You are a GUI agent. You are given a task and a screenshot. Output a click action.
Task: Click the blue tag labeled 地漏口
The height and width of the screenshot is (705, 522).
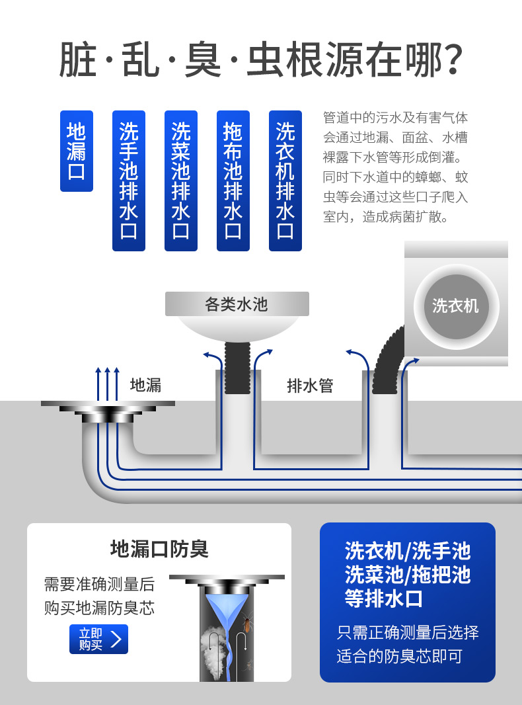tap(77, 151)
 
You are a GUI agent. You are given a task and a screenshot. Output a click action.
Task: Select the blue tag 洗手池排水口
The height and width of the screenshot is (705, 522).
tap(128, 181)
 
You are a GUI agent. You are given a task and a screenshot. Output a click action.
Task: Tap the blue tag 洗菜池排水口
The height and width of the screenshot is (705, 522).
tap(180, 181)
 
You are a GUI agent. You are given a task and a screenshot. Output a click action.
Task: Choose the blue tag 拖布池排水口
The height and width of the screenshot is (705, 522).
tap(233, 181)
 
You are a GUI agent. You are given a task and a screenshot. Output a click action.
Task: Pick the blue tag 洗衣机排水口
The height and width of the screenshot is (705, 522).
tap(285, 181)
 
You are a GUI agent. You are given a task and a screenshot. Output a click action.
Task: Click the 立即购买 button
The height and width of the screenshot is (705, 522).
tap(99, 639)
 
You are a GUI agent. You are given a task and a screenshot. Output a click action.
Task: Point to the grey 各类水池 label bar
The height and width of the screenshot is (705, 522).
tap(237, 304)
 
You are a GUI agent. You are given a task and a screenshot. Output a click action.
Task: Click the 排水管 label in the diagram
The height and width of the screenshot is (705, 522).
tap(310, 386)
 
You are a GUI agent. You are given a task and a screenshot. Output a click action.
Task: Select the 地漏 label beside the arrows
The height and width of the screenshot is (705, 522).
tap(145, 386)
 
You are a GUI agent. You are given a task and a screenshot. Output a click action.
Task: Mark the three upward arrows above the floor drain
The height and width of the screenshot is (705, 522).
tap(107, 384)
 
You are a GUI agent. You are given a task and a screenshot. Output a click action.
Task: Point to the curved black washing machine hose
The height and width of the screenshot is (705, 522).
tap(387, 364)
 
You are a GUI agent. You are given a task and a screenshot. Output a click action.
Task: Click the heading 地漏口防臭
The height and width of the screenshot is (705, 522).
tap(159, 549)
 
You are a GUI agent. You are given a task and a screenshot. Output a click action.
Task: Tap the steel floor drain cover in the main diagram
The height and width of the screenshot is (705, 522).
tap(108, 411)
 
